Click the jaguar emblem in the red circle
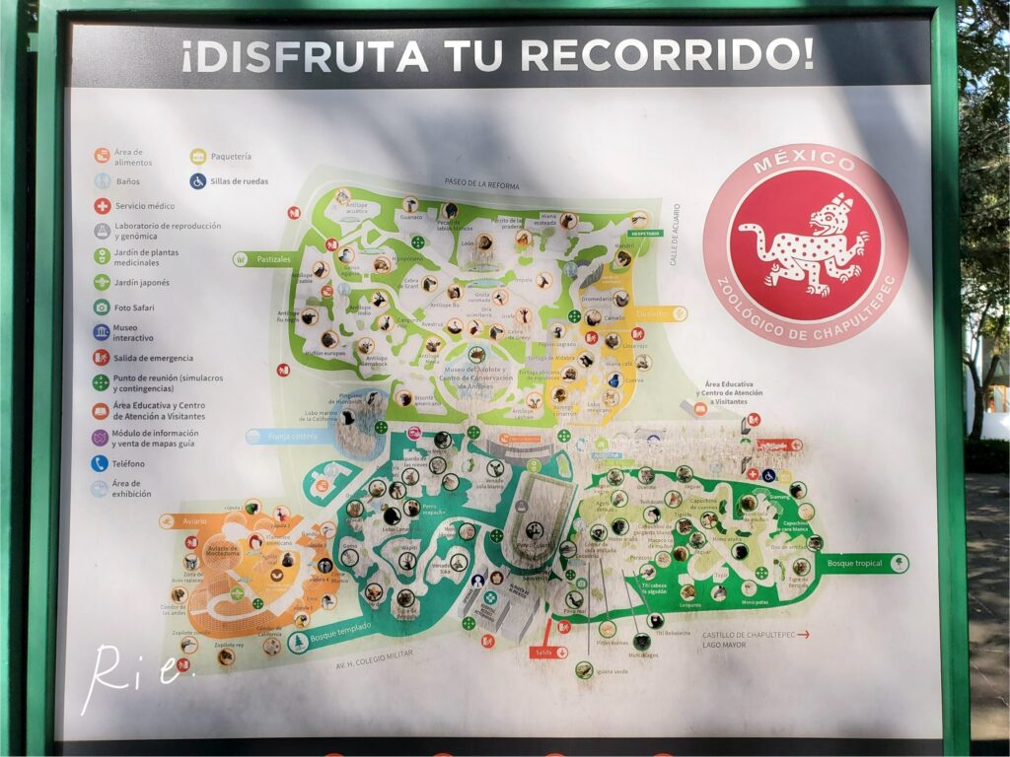(x=805, y=246)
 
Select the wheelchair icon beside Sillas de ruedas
(x=198, y=181)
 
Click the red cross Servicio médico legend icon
(x=102, y=206)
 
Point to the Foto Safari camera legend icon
(x=102, y=308)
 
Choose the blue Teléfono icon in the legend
(x=101, y=463)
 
